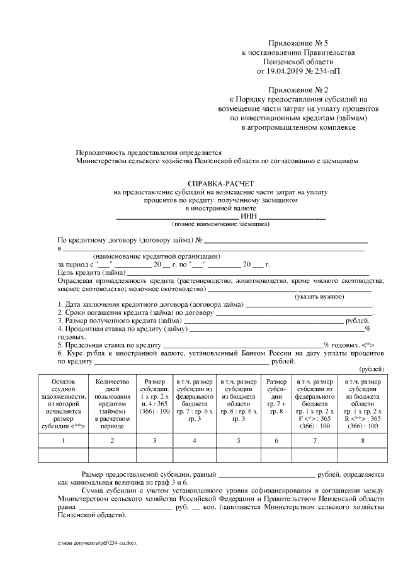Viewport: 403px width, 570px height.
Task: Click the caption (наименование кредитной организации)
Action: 156,256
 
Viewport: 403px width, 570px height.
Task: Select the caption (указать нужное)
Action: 319,296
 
